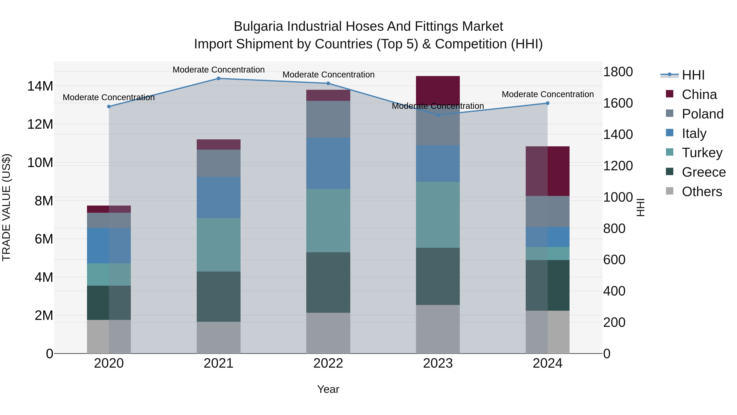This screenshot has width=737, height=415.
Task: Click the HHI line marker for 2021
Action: click(x=219, y=78)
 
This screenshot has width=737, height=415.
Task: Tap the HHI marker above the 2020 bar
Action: click(x=109, y=107)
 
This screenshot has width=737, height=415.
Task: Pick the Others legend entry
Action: click(x=702, y=192)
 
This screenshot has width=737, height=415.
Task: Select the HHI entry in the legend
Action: click(x=693, y=75)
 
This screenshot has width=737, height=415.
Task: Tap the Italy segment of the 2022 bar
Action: click(x=328, y=163)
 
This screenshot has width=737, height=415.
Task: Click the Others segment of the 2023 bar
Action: click(x=438, y=329)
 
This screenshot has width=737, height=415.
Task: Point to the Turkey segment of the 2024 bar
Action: click(x=548, y=254)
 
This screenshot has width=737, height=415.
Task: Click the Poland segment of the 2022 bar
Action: click(x=328, y=119)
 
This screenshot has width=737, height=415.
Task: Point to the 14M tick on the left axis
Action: click(x=40, y=86)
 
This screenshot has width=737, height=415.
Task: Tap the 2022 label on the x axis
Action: click(x=328, y=363)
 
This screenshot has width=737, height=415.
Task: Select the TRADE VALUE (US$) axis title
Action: click(x=6, y=207)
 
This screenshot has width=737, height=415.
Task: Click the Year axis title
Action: click(x=328, y=389)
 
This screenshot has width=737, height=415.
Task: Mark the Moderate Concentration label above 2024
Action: click(x=548, y=94)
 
